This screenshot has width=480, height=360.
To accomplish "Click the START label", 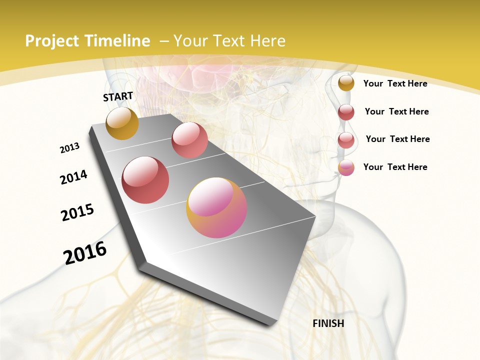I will (x=118, y=96).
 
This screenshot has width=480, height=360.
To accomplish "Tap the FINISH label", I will (x=328, y=323).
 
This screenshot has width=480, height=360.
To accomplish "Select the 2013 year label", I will (x=70, y=148).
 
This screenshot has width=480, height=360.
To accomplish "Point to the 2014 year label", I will (x=74, y=177).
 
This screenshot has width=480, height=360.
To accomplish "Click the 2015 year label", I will (x=77, y=212).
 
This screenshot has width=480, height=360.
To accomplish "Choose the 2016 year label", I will (x=85, y=253).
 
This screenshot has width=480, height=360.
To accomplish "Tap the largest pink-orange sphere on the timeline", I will (x=216, y=207).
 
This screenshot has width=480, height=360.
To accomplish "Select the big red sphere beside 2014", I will (x=145, y=180).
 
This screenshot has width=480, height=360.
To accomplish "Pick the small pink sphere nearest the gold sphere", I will (x=189, y=140).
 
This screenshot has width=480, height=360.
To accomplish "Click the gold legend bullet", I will (x=346, y=83).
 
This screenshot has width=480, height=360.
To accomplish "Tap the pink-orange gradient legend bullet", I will (x=346, y=167).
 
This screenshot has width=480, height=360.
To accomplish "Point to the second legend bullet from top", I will (x=346, y=112).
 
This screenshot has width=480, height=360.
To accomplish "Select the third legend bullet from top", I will (x=346, y=140).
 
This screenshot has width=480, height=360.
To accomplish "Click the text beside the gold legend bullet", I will (x=395, y=83).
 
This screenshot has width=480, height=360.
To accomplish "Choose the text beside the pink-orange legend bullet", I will (x=395, y=167).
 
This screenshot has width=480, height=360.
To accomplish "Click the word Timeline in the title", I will (x=120, y=41).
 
